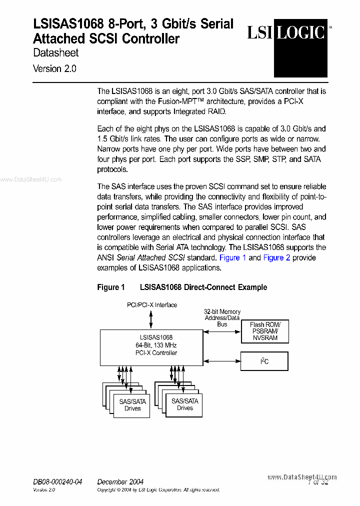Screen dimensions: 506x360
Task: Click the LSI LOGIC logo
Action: [x=286, y=32]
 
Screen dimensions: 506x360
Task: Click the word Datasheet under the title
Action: [x=55, y=52]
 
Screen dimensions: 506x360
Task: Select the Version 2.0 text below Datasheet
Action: [x=54, y=69]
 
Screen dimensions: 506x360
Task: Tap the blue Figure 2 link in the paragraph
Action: [x=276, y=257]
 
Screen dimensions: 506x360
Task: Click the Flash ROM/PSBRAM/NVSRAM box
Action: [x=264, y=331]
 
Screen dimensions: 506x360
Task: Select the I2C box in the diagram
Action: [x=264, y=360]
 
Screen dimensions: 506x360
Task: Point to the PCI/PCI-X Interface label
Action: [x=151, y=304]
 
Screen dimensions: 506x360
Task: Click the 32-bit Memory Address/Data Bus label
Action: [x=222, y=318]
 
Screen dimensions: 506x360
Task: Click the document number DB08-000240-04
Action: [x=57, y=481]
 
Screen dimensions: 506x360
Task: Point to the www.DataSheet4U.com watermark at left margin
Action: [x=30, y=180]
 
